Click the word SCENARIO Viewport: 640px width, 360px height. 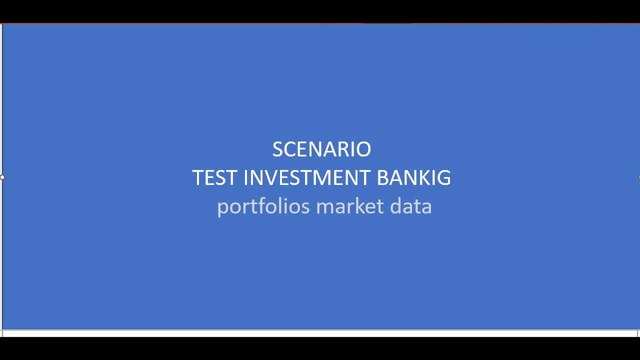click(321, 149)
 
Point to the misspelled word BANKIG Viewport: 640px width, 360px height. click(413, 178)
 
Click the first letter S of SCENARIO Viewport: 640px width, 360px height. click(277, 149)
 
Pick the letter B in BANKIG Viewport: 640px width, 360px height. click(382, 178)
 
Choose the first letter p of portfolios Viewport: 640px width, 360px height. click(222, 207)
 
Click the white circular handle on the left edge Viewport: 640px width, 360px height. click(2, 177)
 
